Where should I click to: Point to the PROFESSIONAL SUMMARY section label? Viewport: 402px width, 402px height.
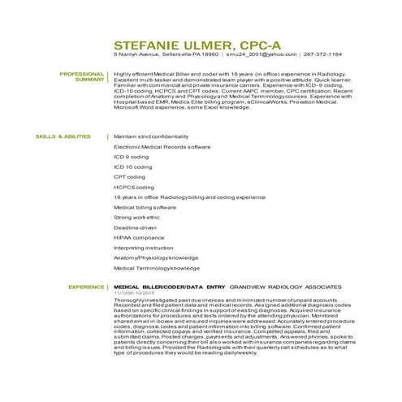tap(83, 77)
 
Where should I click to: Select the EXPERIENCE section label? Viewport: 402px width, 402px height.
tap(87, 287)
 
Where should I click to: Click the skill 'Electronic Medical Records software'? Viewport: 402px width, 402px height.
tap(162, 147)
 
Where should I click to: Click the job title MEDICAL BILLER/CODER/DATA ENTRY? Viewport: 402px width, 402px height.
tap(169, 287)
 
